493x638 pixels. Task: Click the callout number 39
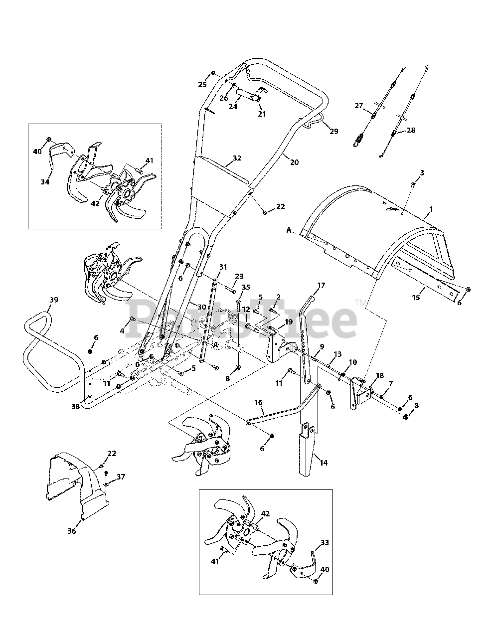(53, 300)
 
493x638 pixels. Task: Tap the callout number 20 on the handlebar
(294, 162)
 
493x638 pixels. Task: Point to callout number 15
(416, 298)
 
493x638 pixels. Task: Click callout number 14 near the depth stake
(324, 463)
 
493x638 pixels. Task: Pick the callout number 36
(72, 531)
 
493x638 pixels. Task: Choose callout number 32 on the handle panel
(237, 158)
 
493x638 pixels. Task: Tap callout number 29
(333, 132)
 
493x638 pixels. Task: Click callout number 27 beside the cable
(359, 106)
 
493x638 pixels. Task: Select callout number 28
(411, 130)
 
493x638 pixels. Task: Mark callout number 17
(321, 286)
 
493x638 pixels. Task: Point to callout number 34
(45, 182)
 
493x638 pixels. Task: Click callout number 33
(325, 542)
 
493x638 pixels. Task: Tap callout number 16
(258, 402)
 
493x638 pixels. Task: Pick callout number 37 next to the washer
(120, 477)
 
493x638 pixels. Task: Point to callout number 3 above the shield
(422, 172)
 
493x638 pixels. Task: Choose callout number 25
(202, 85)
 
